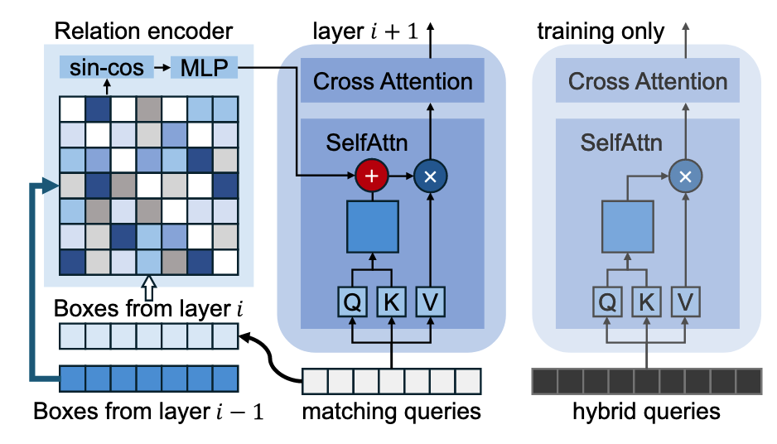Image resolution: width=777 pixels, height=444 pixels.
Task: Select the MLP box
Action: [x=204, y=67]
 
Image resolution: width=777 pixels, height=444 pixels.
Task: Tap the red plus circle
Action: [x=371, y=176]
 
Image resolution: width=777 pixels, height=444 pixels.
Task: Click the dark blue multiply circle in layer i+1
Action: [x=429, y=176]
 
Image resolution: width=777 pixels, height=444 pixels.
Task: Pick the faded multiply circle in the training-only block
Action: [x=684, y=176]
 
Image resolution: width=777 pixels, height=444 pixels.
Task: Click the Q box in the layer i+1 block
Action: [x=352, y=302]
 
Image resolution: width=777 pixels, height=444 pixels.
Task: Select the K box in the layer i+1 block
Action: [x=390, y=302]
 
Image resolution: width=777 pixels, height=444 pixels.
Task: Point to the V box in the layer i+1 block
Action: [x=429, y=302]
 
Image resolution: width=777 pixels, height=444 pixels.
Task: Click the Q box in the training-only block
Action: [x=607, y=302]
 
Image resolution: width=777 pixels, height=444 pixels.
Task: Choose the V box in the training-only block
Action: [x=684, y=302]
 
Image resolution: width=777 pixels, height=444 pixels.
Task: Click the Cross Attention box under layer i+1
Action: [x=393, y=81]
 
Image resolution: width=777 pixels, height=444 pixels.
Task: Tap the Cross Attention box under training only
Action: [x=647, y=81]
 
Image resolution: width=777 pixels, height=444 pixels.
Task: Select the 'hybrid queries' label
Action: [x=646, y=411]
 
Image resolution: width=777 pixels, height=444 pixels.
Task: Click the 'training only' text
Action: [x=601, y=32]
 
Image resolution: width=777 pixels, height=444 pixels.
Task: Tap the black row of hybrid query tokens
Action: [x=645, y=381]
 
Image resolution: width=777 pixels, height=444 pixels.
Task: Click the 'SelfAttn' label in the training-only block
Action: [x=620, y=143]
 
